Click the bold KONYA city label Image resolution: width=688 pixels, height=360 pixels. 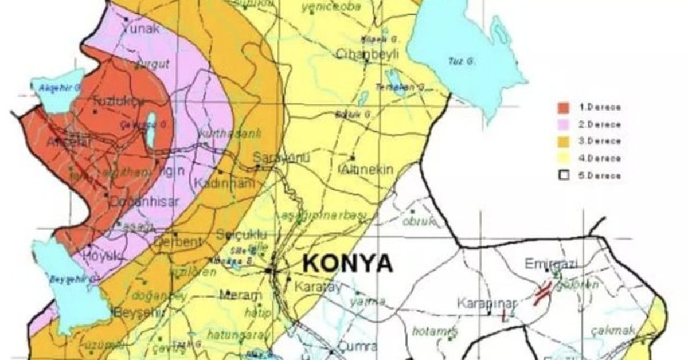point(347,264)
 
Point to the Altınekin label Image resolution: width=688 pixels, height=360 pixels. point(366,169)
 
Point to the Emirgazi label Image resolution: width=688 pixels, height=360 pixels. point(551,264)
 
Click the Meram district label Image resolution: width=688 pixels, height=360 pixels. point(241,295)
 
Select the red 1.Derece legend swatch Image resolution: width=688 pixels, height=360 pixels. point(564,107)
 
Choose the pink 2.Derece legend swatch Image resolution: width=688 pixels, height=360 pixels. point(564,124)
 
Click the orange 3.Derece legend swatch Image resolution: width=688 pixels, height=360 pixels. point(564,142)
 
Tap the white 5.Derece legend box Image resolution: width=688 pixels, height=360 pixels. point(564,175)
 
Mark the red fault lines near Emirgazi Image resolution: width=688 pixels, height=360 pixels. point(541,295)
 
